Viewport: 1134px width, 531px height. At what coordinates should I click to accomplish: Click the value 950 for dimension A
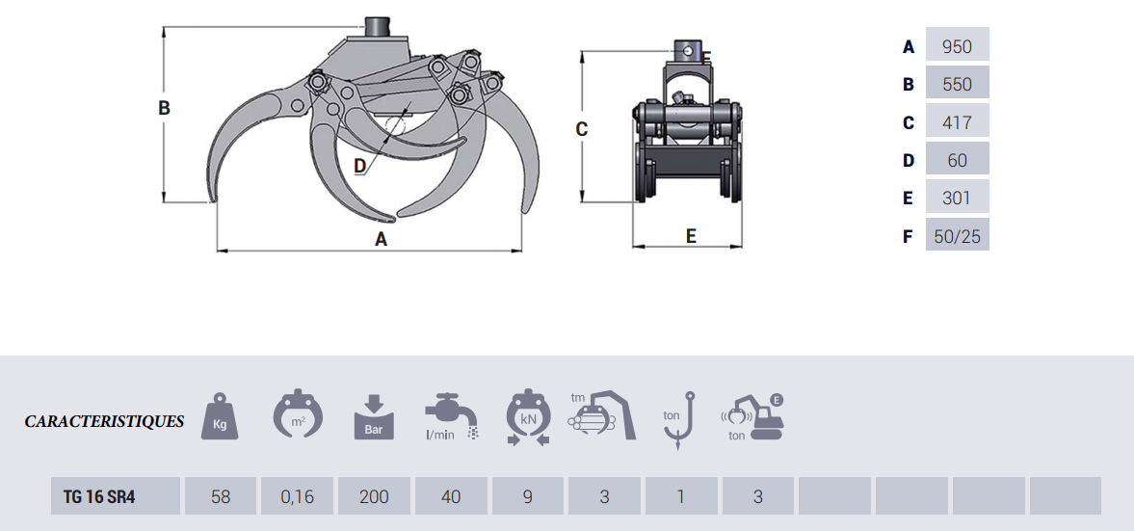click(x=957, y=47)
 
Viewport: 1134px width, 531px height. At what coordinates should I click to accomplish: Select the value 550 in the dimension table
click(x=957, y=85)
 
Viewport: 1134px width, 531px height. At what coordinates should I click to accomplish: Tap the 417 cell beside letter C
click(x=957, y=123)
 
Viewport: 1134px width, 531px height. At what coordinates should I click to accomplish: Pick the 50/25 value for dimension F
click(x=957, y=236)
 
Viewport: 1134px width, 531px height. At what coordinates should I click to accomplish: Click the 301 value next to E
click(x=957, y=199)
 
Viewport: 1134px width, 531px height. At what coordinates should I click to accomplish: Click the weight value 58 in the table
click(x=221, y=497)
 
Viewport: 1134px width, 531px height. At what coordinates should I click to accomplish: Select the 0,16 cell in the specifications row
click(x=298, y=497)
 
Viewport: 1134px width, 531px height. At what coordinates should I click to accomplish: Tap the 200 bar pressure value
click(x=374, y=497)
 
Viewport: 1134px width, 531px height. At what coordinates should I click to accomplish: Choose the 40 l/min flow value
click(x=451, y=497)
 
